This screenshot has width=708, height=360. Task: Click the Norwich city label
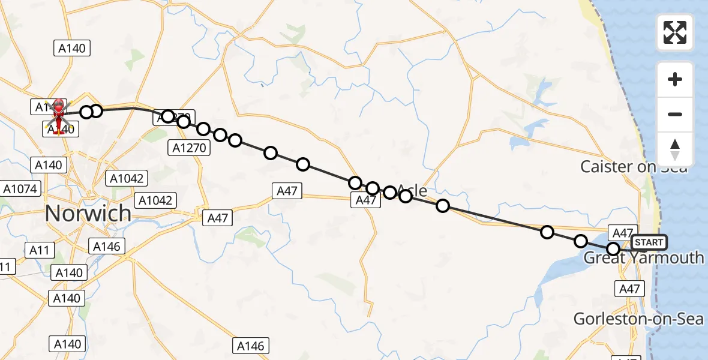(x=88, y=213)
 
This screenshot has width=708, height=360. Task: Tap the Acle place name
(x=412, y=191)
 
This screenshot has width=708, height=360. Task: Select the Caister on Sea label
(x=634, y=167)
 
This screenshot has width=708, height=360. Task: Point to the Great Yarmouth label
(x=644, y=258)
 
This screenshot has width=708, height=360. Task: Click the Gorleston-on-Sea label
(x=638, y=319)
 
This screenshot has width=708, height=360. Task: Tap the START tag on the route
(x=649, y=242)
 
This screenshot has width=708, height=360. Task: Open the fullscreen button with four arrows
(x=675, y=32)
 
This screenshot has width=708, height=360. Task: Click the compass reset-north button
(x=675, y=149)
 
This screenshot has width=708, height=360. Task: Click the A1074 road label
(x=20, y=189)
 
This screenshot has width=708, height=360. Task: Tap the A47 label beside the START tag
(x=621, y=233)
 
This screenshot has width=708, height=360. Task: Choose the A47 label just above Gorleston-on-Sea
(x=630, y=289)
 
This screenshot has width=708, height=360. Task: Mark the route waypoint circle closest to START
(x=613, y=248)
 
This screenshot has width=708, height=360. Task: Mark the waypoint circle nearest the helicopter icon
(x=86, y=112)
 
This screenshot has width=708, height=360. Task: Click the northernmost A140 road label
(x=72, y=49)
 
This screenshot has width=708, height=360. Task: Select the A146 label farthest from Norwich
(x=251, y=345)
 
